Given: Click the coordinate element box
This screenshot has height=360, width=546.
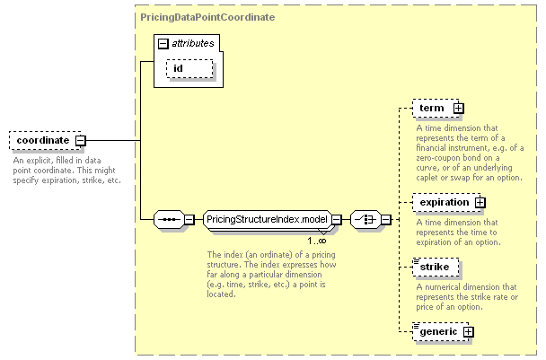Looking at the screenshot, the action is coord(45,141).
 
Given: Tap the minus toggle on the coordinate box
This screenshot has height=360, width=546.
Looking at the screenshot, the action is coord(81,141).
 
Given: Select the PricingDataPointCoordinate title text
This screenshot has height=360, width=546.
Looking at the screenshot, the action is coord(207,17).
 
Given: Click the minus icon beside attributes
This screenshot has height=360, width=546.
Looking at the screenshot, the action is coord(163,43).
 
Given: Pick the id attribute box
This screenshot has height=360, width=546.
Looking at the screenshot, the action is coord(189,68).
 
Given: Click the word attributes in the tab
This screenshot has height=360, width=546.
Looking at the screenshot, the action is coord(193,43).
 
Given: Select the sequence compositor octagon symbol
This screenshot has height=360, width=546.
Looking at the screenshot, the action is coord(169,219).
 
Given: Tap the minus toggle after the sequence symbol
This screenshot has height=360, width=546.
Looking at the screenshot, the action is coord(189,219).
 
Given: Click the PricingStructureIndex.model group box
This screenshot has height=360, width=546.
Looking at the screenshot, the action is coord(267,219).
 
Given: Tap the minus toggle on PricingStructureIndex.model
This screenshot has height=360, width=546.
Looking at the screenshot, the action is coord(337,219).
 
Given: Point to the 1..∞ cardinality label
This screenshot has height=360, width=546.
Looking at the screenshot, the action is coord(316,241).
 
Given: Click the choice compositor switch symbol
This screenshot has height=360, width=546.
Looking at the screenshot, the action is coord(365,219).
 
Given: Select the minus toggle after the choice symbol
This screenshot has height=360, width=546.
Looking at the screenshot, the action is coord(386,219).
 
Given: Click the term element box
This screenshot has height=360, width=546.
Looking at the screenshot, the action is coord(436,109).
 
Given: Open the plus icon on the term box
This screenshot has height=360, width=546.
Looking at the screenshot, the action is coord(459,109).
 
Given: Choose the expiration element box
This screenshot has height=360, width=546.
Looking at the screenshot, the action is coord(446,203).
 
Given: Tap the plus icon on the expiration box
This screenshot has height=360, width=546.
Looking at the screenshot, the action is coord(480,203).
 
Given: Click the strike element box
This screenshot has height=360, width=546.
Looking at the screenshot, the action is coord(436,268).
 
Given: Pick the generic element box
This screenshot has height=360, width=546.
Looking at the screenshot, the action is coord(441,332).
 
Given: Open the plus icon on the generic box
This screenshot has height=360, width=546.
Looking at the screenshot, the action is coord(469,332).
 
